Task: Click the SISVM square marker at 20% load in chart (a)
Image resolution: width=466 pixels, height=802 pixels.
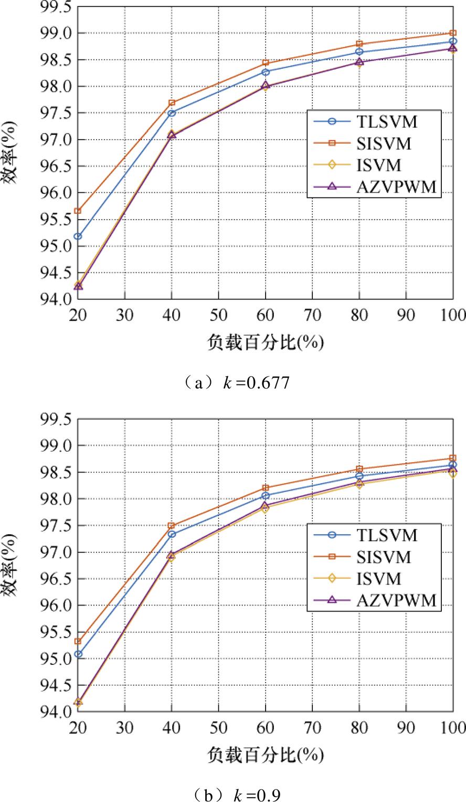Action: click(78, 211)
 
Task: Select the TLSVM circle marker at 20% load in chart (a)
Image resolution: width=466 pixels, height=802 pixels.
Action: click(78, 236)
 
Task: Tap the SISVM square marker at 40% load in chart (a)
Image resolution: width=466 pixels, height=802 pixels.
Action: click(172, 102)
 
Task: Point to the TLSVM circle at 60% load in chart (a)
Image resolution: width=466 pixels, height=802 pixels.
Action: click(266, 72)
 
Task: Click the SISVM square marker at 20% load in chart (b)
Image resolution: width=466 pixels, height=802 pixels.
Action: click(78, 641)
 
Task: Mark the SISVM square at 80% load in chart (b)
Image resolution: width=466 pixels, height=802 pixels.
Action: click(359, 469)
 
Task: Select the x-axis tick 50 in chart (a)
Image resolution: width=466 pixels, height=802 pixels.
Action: click(218, 315)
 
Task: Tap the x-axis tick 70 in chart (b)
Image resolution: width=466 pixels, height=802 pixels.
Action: click(312, 727)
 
